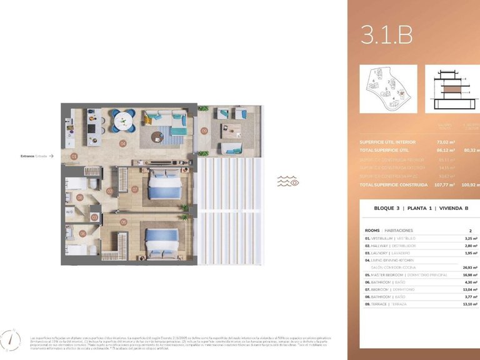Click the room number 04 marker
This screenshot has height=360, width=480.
(123, 143)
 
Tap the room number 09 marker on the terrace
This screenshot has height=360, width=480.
(204, 131)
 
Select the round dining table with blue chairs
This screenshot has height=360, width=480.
(123, 119)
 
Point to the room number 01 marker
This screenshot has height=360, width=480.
(74, 156)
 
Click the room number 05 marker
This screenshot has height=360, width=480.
(124, 221)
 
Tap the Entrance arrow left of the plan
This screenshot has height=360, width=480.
(51, 156)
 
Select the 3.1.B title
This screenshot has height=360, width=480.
(386, 35)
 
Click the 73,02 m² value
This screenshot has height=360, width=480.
(444, 142)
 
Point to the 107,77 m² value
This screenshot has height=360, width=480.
(444, 185)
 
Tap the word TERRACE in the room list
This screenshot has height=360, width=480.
(379, 303)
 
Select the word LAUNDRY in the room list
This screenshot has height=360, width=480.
(380, 253)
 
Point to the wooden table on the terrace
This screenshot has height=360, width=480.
(231, 132)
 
